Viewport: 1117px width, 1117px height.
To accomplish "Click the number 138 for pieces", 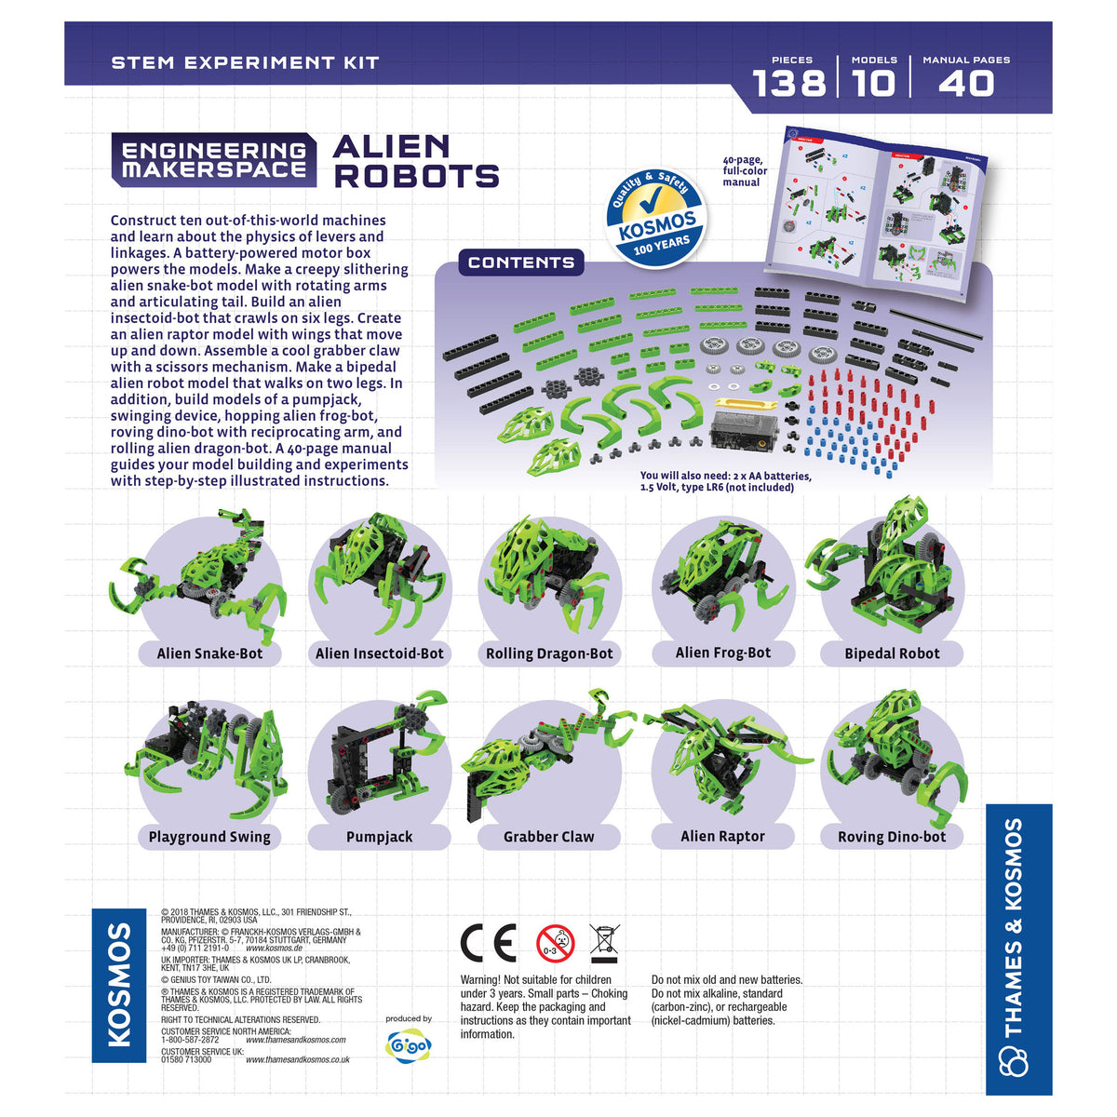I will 789,84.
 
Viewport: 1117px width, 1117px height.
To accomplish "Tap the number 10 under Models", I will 874,84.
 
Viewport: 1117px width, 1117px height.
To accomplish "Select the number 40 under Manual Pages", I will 966,84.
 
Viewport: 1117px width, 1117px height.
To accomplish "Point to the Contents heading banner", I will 521,262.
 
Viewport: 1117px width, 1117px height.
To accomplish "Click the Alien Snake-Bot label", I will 209,653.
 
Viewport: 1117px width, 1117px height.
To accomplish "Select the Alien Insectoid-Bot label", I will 379,653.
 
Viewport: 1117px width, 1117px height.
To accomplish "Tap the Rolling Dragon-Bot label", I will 549,653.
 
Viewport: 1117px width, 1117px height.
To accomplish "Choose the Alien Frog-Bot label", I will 723,653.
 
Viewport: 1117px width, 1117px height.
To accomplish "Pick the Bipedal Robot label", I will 892,653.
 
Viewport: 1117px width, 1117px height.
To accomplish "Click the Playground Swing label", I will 209,837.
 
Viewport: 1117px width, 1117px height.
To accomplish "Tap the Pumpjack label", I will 379,837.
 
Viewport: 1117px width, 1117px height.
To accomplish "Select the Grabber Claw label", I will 549,837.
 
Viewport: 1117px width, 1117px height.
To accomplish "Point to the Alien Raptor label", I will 723,836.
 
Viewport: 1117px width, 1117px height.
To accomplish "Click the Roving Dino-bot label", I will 892,837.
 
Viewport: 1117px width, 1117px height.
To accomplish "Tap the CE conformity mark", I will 488,944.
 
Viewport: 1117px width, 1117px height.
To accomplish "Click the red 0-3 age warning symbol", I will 556,944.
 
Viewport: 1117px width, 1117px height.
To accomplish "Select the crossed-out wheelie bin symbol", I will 604,944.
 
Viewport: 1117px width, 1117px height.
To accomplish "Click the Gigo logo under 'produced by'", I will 409,1045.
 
